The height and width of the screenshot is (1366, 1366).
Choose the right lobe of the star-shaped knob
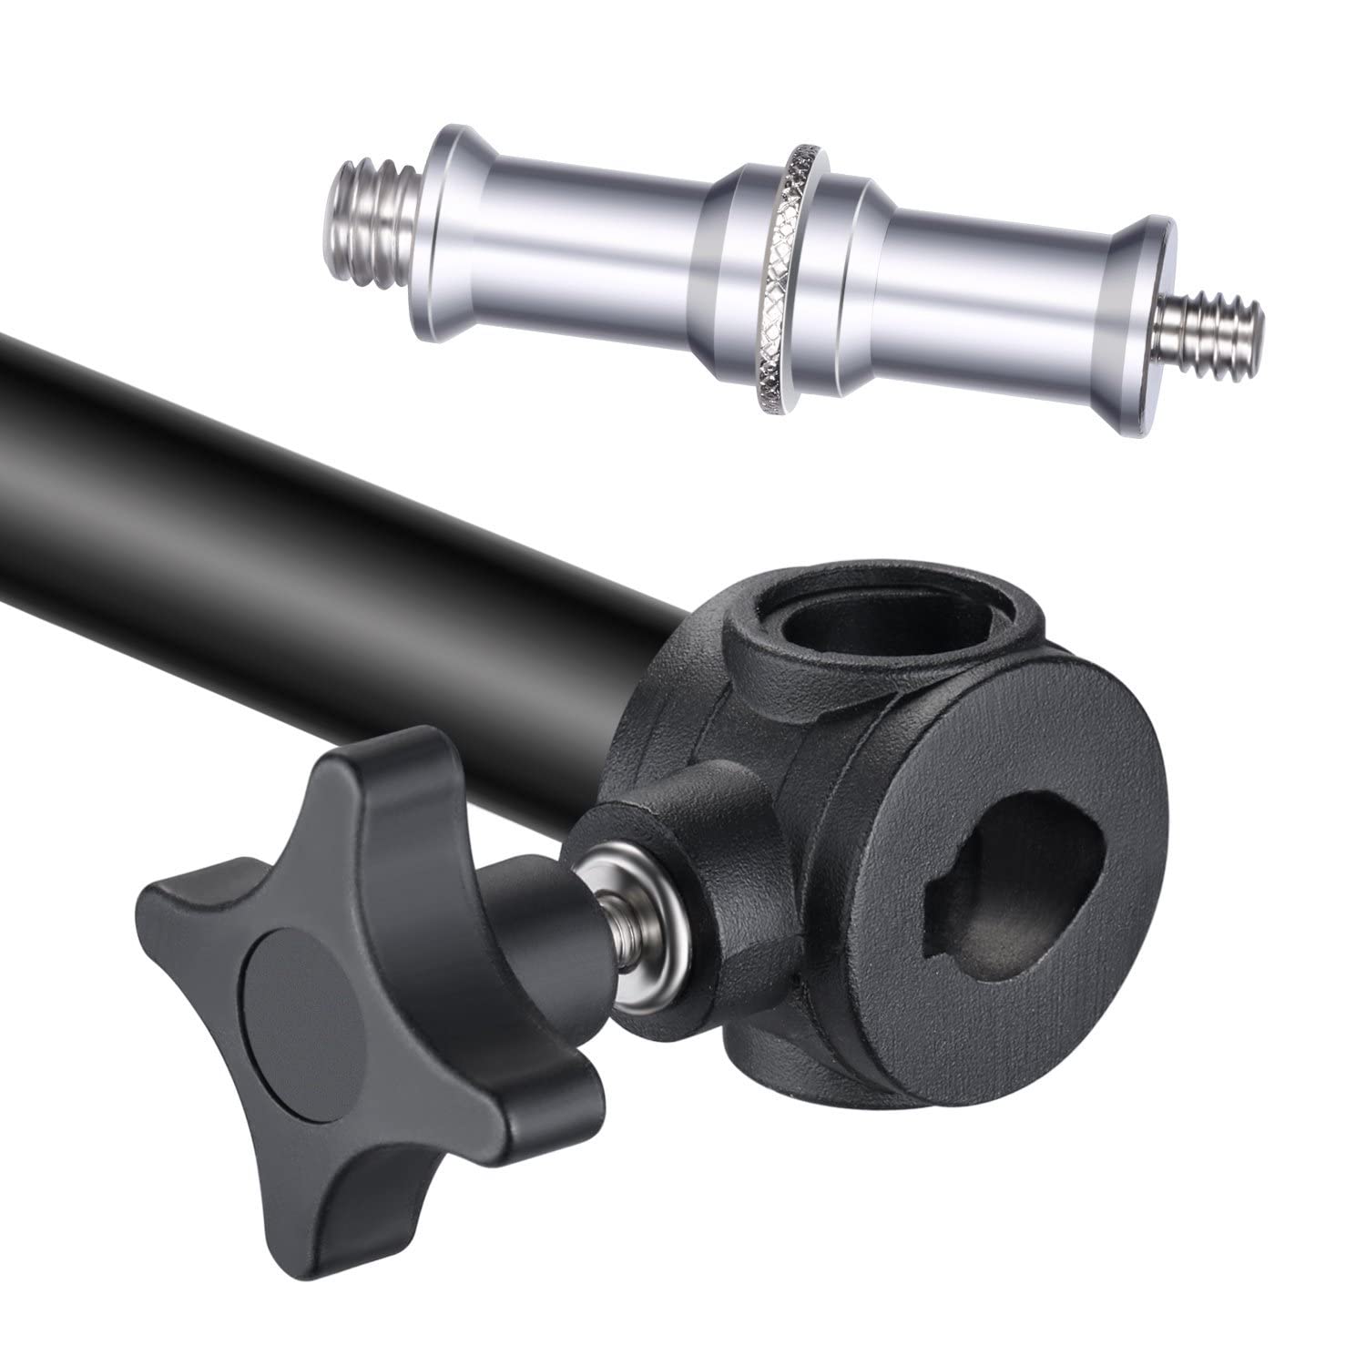556,1084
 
